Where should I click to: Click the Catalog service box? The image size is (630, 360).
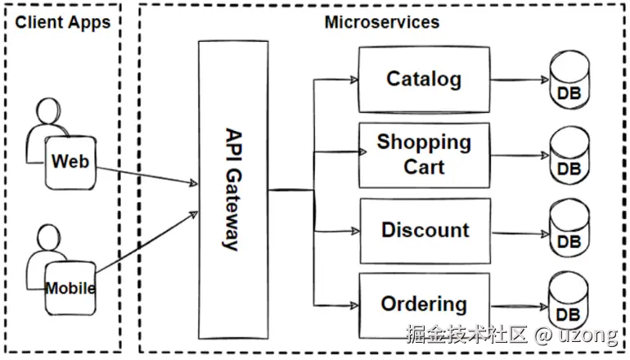pyautogui.click(x=424, y=79)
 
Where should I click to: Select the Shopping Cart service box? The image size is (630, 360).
pyautogui.click(x=424, y=155)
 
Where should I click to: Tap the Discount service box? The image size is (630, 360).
pyautogui.click(x=425, y=230)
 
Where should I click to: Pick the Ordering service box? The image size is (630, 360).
pyautogui.click(x=424, y=305)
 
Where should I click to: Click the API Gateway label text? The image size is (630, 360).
pyautogui.click(x=232, y=189)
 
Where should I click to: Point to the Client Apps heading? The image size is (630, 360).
pyautogui.click(x=62, y=22)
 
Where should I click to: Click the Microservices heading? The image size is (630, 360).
pyautogui.click(x=381, y=22)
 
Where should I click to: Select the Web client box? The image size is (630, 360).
pyautogui.click(x=70, y=162)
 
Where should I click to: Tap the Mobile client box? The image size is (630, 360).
pyautogui.click(x=70, y=288)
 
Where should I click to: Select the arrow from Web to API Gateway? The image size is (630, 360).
pyautogui.click(x=147, y=173)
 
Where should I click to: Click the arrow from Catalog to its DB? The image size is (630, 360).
pyautogui.click(x=520, y=80)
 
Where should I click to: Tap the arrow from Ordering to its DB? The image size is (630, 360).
pyautogui.click(x=520, y=305)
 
